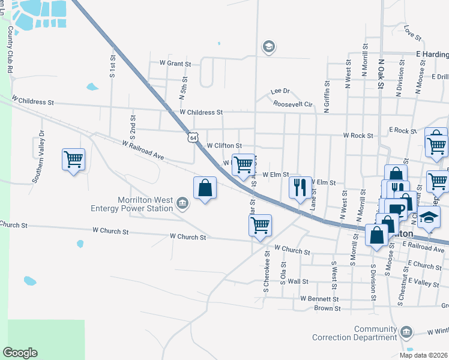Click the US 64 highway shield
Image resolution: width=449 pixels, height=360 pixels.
tap(192, 137)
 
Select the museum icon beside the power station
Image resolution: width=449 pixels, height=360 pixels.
tap(182, 205)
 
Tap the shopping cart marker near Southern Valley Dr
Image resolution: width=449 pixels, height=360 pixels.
tap(73, 160)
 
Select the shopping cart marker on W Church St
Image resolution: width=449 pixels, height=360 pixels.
tap(260, 226)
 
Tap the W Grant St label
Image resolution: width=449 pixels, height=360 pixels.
tap(175, 63)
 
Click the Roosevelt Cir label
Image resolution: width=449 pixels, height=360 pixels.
tap(294, 104)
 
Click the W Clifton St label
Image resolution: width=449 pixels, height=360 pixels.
tap(224, 146)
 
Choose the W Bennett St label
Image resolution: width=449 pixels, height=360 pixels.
tap(319, 298)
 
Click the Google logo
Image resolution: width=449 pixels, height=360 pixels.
tap(20, 353)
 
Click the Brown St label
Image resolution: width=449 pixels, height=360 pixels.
tap(327, 308)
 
